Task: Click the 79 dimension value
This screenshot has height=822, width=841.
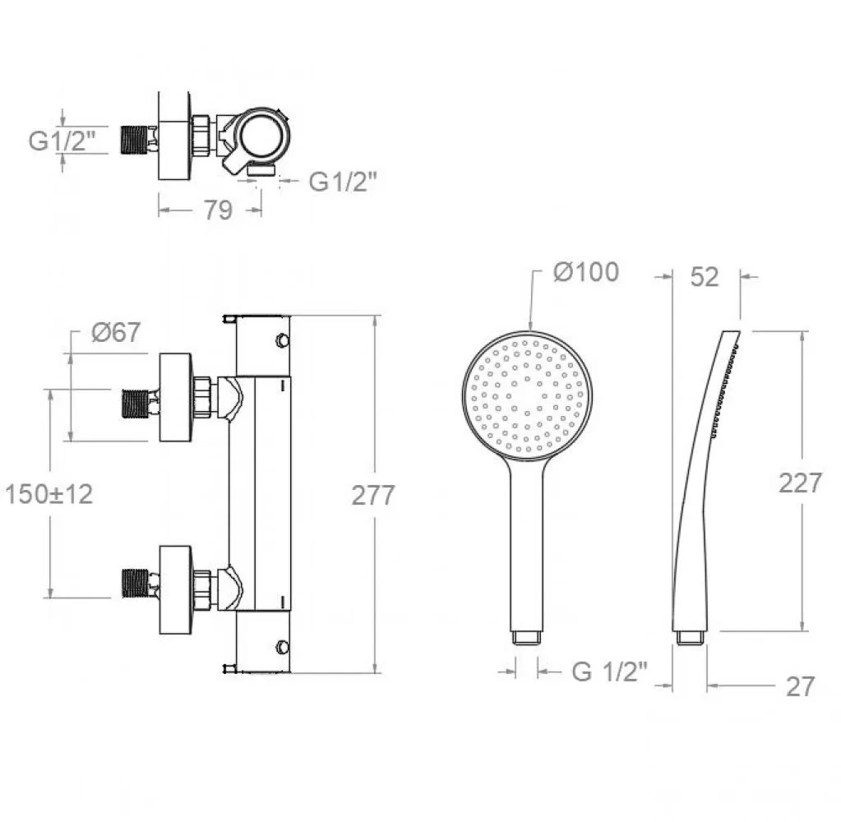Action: point(218,210)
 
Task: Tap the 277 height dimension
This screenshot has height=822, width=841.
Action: point(373,495)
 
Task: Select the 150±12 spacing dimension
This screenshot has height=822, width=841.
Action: point(49,494)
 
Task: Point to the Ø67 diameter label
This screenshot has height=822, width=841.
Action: point(116,332)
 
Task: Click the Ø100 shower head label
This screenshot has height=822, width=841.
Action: point(586,272)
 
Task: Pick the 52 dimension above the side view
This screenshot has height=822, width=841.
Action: point(705,277)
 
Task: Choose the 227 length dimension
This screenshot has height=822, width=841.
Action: point(800,483)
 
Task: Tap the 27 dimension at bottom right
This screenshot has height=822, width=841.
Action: point(800,687)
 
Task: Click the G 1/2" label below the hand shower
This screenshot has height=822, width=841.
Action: point(610,672)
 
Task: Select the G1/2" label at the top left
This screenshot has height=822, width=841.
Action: point(62,141)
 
